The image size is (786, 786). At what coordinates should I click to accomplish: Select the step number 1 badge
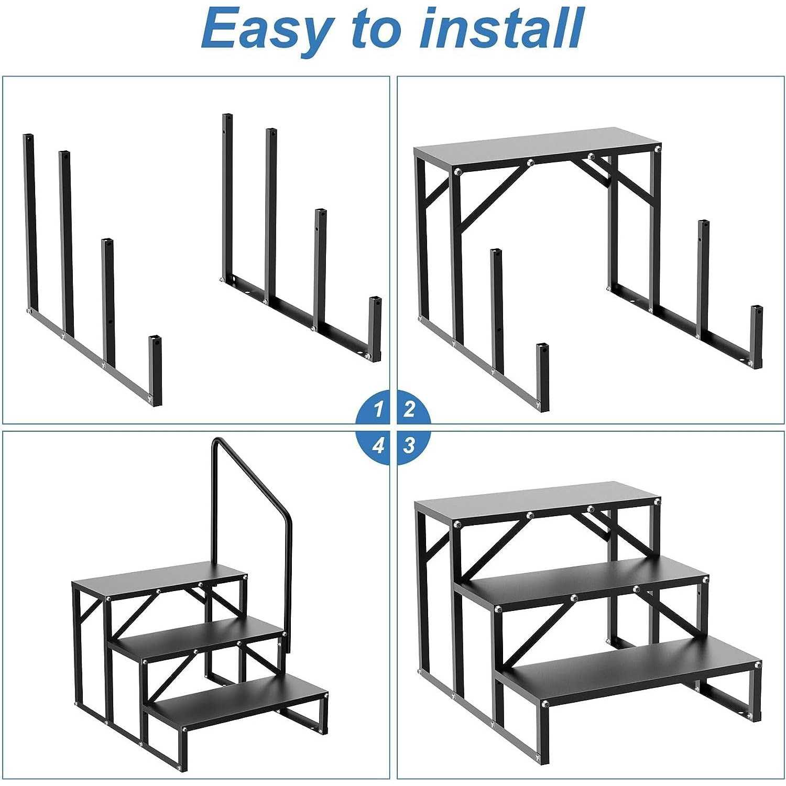point(374,408)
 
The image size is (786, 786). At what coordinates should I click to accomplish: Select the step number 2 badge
point(412,408)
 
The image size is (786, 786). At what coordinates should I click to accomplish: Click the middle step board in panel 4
point(196,638)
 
